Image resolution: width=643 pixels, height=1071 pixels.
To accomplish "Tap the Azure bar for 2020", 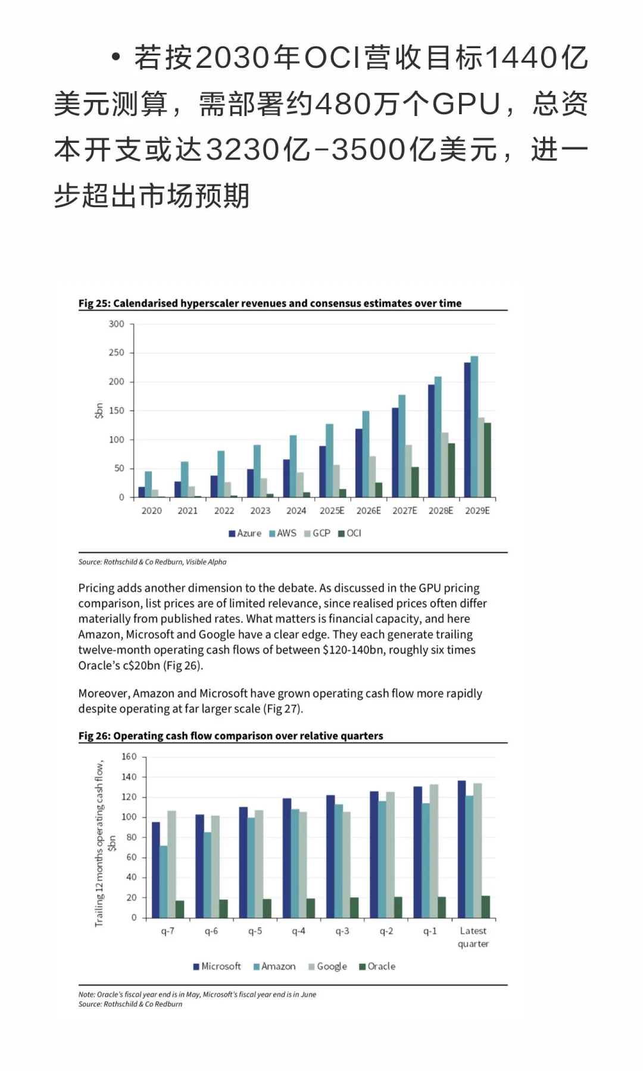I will coord(142,492).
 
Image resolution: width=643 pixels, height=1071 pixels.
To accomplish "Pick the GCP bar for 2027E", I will coord(408,471).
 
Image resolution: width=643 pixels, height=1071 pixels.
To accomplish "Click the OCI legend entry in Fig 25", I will coord(350,533).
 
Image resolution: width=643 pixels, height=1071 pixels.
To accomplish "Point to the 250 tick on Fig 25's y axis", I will coord(117,353).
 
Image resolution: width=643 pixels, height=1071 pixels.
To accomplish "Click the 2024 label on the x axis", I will coord(296,511).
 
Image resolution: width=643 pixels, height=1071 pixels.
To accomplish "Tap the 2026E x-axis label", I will coord(369,511).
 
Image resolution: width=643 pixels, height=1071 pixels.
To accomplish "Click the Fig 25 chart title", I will coord(270,303).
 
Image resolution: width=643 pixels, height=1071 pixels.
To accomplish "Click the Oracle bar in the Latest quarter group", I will coord(486,906).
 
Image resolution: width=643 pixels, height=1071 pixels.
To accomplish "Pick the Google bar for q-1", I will coord(434,851).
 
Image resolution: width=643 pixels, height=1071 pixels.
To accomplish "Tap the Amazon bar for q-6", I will coord(207,875).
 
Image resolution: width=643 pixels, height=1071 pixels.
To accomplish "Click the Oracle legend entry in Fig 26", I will coord(377,966).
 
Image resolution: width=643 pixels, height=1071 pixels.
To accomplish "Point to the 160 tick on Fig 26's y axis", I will coord(129,757).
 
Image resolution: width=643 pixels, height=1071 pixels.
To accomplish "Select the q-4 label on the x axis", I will coord(298,931).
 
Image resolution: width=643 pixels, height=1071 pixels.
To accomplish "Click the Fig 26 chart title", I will coord(230,736).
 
